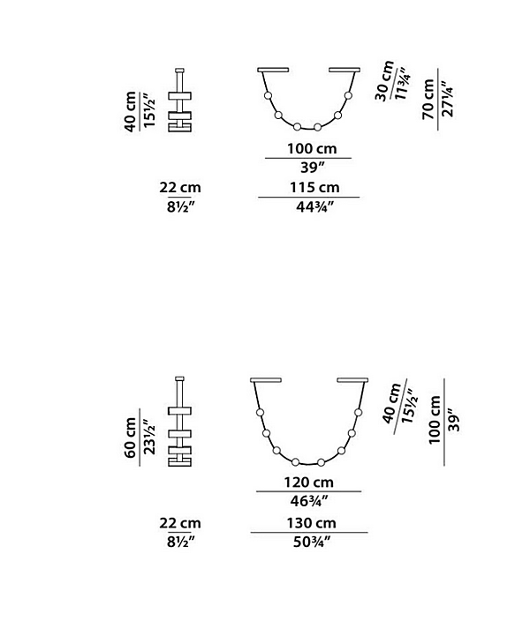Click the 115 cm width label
click(314, 187)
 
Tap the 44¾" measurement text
click(315, 206)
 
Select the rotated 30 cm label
click(384, 81)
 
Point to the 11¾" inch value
click(401, 86)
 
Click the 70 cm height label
click(428, 99)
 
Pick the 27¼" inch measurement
click(447, 99)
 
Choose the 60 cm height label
click(130, 438)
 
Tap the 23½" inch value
click(149, 438)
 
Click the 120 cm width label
click(308, 483)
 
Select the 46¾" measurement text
click(309, 501)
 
